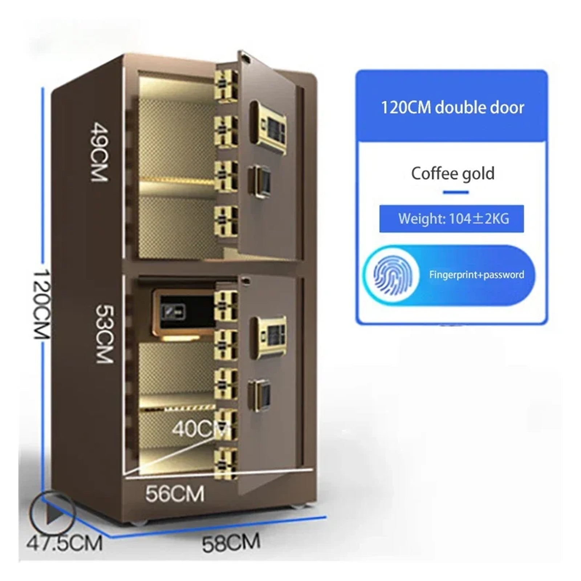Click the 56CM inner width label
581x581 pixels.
coord(175,493)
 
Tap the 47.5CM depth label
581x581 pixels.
coord(64,543)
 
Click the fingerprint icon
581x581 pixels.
coord(391,275)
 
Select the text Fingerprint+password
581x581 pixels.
coord(476,275)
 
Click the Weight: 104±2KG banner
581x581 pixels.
coord(451,219)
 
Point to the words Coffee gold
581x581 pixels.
coord(452,174)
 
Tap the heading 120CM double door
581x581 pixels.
coord(452,107)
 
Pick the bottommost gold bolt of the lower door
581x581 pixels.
coord(226,463)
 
